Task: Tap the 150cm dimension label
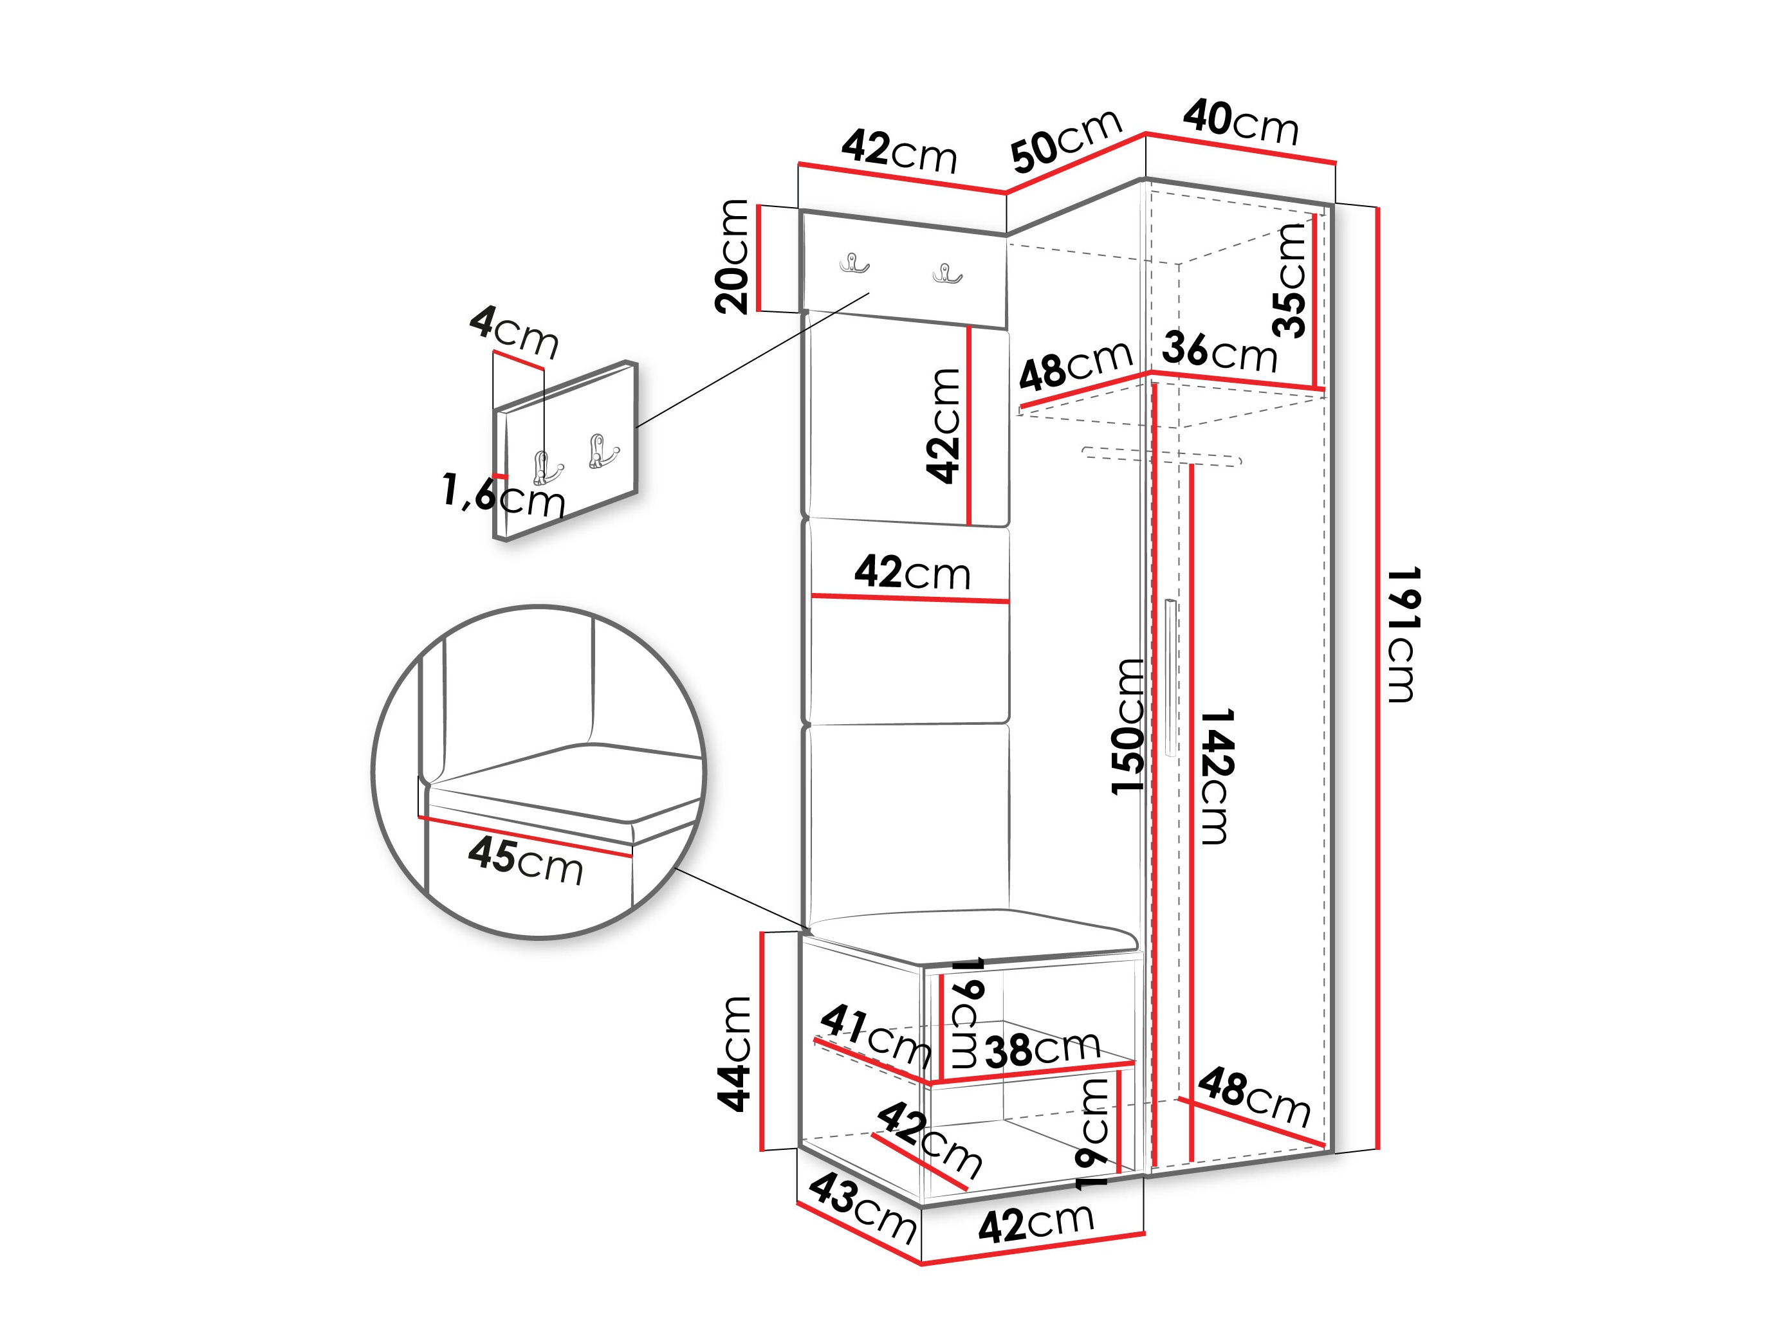tap(1128, 726)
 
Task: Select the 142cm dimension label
tap(1216, 776)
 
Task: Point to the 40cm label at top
tap(1241, 123)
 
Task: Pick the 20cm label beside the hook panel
tap(732, 256)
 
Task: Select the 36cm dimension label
tap(1220, 352)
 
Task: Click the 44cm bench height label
tap(734, 1054)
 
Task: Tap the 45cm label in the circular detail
tap(526, 861)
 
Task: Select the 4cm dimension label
tap(514, 332)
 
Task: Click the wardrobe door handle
tap(1170, 677)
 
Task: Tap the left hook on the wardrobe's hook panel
tap(854, 263)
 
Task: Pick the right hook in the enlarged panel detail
tap(602, 451)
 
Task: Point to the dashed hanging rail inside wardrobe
tap(1161, 456)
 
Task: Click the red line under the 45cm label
tap(525, 836)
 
